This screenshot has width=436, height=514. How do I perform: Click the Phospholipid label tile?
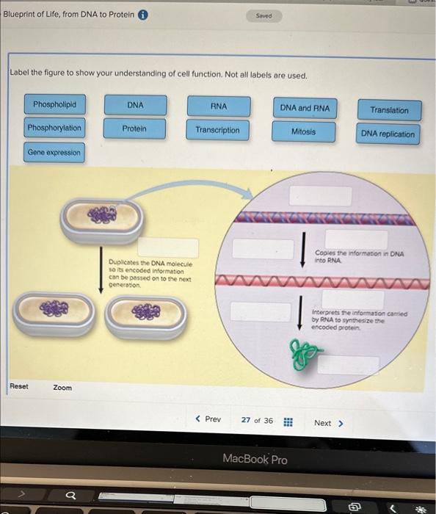point(54,104)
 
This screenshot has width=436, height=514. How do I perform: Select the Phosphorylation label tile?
point(54,128)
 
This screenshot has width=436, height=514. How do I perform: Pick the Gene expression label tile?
point(54,153)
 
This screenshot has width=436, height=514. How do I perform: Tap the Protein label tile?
point(134,129)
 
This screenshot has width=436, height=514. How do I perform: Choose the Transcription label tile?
point(217,131)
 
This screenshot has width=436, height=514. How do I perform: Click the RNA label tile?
point(218,106)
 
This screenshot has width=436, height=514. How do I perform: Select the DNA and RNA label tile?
point(305,109)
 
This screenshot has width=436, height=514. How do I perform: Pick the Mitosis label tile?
point(303,132)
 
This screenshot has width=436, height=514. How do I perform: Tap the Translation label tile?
point(389,110)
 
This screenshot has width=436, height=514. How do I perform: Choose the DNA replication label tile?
point(388,134)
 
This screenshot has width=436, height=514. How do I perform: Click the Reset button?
point(19,386)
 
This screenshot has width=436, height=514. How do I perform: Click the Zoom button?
point(62,387)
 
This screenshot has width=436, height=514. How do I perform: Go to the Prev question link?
point(208,419)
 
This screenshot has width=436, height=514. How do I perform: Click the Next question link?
point(328,423)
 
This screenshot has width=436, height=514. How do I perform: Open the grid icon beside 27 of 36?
point(288,422)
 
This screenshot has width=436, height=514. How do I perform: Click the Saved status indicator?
point(264,15)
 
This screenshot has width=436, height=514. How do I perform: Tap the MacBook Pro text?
point(255,460)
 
